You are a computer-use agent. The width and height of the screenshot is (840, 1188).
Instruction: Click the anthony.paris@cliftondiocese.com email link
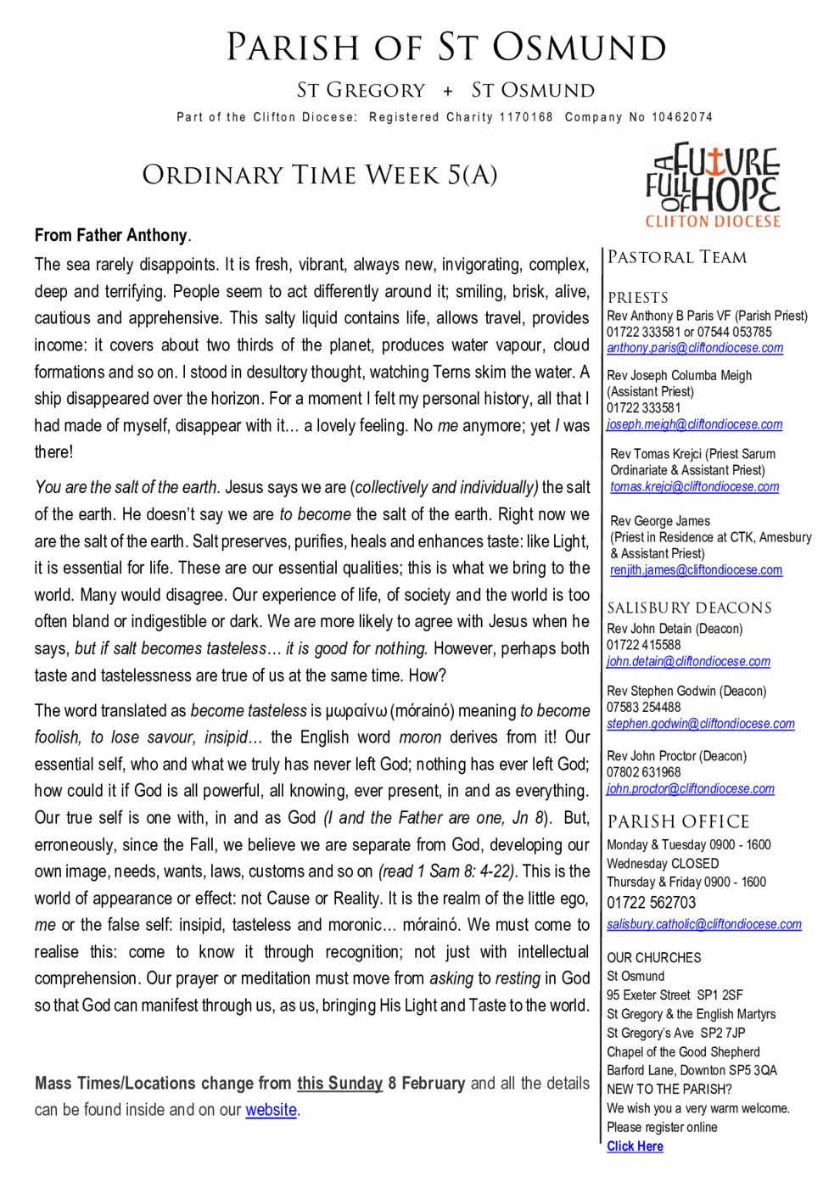(695, 348)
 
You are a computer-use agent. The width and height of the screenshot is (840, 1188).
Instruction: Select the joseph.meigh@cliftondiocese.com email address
(695, 424)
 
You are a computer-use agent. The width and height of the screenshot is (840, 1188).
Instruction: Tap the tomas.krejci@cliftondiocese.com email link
(694, 486)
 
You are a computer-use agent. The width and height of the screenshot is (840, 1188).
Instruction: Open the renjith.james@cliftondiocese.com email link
(696, 570)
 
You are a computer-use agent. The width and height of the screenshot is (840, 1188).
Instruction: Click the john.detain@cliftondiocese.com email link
(688, 661)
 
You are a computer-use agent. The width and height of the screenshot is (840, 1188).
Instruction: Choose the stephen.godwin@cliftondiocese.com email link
(701, 724)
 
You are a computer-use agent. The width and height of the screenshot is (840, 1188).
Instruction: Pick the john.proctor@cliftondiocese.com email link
(691, 788)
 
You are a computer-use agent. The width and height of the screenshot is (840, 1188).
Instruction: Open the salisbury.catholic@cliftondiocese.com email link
(704, 924)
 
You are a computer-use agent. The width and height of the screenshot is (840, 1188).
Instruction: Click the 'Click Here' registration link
(635, 1146)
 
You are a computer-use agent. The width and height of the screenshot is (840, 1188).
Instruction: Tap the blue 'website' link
(271, 1110)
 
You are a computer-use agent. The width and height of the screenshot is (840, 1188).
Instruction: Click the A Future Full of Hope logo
(712, 186)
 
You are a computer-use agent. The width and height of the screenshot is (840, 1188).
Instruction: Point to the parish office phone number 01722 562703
(651, 902)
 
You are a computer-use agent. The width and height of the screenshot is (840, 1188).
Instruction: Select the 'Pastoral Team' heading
(677, 257)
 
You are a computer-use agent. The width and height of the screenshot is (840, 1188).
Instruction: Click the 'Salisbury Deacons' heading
(689, 608)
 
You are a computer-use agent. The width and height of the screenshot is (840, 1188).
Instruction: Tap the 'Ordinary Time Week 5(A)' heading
(319, 175)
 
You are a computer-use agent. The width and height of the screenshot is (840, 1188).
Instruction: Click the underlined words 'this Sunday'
(339, 1084)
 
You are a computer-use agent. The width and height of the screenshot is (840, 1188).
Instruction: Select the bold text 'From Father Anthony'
(110, 235)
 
